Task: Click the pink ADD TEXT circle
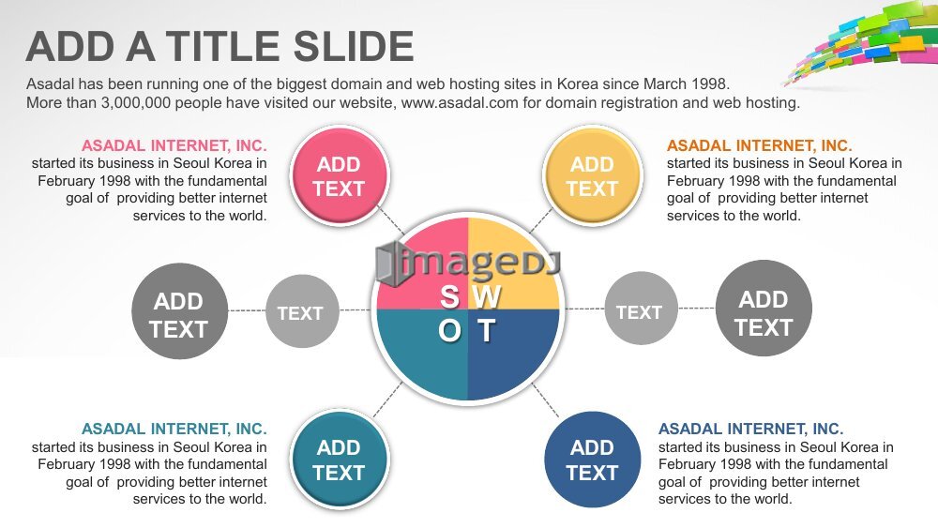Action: [x=340, y=175]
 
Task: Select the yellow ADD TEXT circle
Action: [x=592, y=175]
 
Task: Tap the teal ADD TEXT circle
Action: [x=340, y=460]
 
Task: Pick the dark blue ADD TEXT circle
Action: [x=592, y=460]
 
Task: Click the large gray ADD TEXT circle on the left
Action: [x=179, y=311]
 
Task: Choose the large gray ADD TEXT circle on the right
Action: [x=764, y=309]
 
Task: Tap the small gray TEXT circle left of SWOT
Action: [x=302, y=311]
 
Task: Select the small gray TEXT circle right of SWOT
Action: [x=642, y=309]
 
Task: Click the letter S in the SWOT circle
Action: [x=450, y=296]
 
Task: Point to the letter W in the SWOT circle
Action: [x=488, y=296]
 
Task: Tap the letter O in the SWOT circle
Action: [x=450, y=331]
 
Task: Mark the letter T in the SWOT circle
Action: [x=486, y=331]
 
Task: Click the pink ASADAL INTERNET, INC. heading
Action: [x=174, y=146]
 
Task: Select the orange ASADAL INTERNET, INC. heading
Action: [x=760, y=146]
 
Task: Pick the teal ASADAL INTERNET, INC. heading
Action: [x=174, y=430]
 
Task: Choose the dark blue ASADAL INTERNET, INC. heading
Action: [x=751, y=430]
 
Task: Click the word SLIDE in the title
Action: [x=354, y=47]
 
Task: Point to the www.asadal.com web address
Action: [x=460, y=103]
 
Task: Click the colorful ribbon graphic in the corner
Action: [x=866, y=40]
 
